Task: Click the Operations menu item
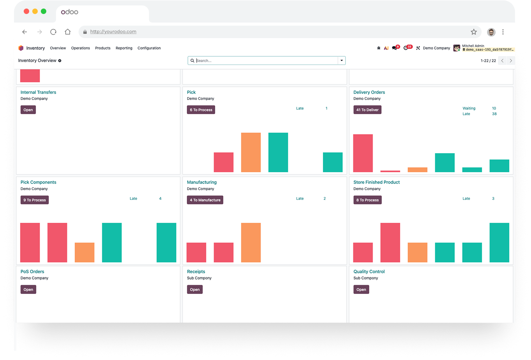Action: point(81,48)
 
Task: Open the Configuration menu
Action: point(149,48)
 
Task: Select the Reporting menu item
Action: point(124,48)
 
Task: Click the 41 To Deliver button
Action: point(367,110)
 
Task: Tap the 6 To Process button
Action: point(201,110)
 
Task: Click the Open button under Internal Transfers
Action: point(28,110)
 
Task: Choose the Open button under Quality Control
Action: point(361,289)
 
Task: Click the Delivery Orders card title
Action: point(369,92)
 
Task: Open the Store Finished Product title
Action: point(377,182)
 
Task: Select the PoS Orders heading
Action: point(32,271)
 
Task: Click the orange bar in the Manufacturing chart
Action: point(251,243)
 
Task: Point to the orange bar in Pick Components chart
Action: point(84,252)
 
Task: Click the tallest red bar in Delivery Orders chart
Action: point(363,153)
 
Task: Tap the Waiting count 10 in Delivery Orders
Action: point(494,108)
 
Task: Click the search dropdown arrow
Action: point(342,60)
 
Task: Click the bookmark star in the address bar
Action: point(474,32)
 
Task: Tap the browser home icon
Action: point(68,32)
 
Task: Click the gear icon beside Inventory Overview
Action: point(60,61)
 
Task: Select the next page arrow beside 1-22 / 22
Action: point(511,61)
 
